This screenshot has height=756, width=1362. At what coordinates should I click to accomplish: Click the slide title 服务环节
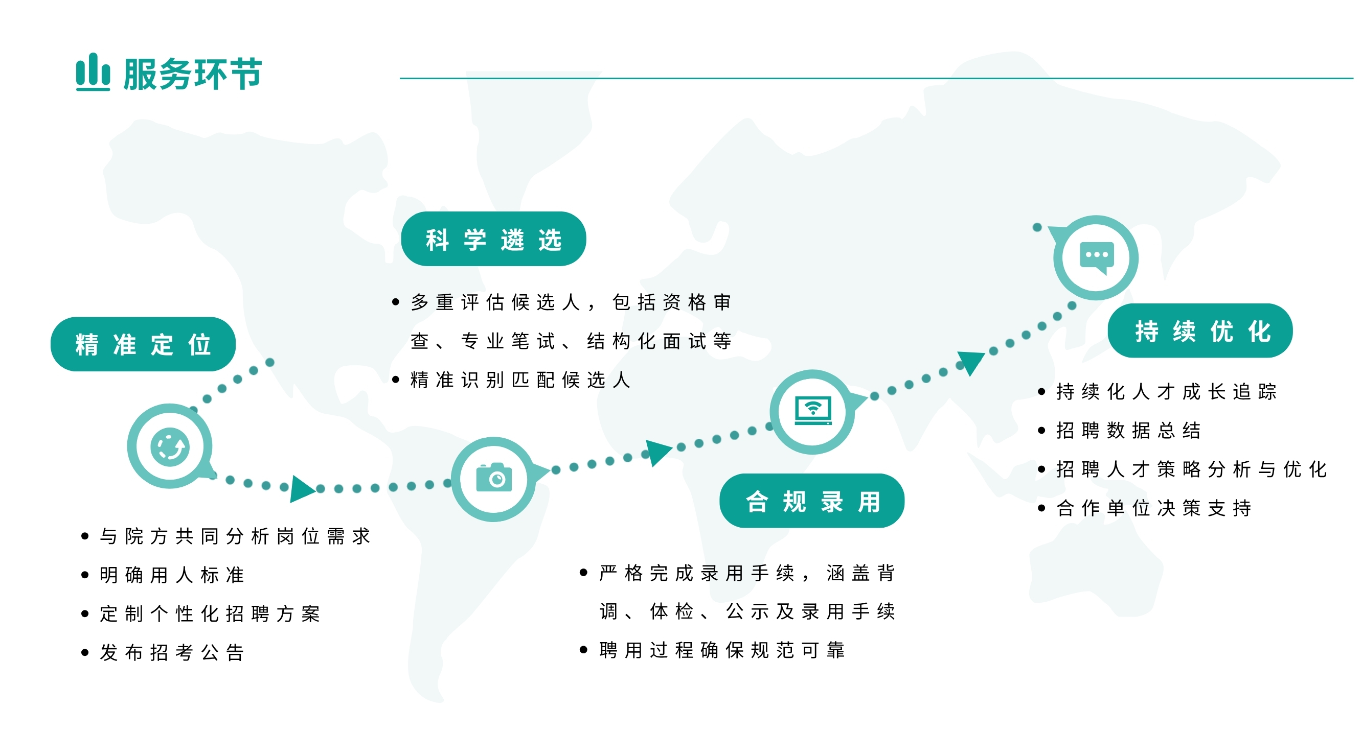[192, 74]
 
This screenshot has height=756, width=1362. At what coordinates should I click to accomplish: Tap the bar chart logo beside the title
[93, 72]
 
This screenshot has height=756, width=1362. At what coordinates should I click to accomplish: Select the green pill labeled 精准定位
[143, 344]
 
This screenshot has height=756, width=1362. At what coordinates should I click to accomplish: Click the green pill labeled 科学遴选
[493, 239]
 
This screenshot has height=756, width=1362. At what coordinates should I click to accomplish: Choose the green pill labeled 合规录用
[812, 501]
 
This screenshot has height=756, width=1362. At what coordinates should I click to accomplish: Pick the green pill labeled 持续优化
[1200, 330]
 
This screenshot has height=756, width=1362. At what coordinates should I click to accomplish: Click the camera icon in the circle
[494, 478]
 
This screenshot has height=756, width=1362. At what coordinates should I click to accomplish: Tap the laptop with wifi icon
[813, 411]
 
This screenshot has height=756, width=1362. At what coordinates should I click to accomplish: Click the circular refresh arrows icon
[170, 447]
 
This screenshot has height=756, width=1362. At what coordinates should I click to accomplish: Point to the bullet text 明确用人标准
[172, 575]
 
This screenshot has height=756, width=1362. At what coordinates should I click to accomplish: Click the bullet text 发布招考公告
[172, 652]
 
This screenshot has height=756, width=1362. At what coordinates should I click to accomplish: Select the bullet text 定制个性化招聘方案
[210, 614]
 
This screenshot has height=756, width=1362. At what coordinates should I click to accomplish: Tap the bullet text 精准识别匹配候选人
[520, 380]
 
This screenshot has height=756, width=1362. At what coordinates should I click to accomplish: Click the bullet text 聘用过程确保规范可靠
[722, 650]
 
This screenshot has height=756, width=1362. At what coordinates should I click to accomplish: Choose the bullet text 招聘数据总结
[1128, 431]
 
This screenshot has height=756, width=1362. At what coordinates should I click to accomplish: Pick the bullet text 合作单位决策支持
[1154, 508]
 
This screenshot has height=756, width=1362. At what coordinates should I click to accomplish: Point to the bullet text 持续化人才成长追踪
[1166, 392]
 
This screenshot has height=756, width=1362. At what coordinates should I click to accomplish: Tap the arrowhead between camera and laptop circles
[659, 453]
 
